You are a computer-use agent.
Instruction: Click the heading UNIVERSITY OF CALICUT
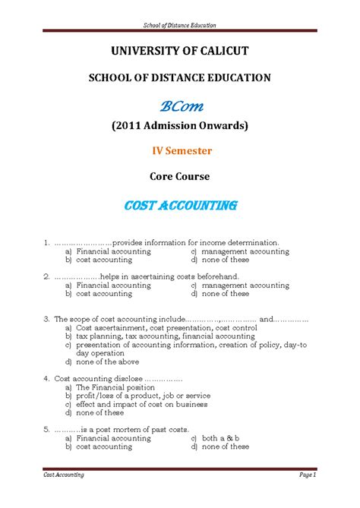[180, 51]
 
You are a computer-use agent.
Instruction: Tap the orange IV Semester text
[180, 150]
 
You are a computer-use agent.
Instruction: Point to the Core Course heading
[180, 176]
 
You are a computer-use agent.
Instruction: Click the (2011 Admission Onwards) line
[180, 125]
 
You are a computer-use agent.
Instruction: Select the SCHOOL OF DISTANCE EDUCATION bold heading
[180, 77]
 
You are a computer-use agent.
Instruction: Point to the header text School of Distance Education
[180, 25]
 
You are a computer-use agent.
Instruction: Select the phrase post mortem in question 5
[119, 430]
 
